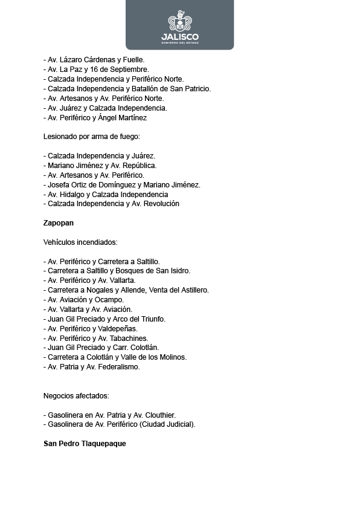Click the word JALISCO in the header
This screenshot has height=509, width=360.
179,36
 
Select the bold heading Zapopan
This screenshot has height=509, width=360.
59,223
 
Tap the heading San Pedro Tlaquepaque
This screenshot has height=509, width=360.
85,443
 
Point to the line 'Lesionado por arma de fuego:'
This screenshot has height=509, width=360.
92,137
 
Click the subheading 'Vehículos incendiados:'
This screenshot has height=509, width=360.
80,242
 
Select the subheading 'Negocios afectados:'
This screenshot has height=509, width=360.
76,395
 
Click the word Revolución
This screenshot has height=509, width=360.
159,204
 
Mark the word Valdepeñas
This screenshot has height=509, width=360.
120,329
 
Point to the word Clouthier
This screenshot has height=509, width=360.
158,415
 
